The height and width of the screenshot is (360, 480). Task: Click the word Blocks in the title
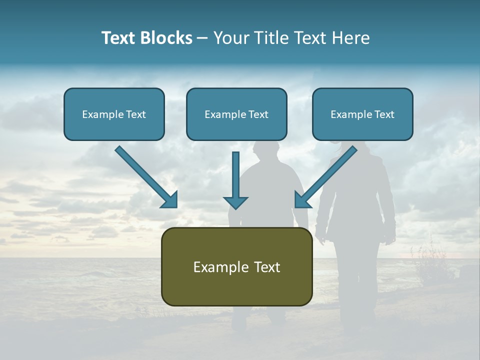[x=166, y=38]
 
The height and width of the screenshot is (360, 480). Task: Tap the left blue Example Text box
[x=114, y=114]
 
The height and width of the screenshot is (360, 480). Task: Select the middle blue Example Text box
[x=236, y=114]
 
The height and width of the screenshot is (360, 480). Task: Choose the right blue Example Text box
[x=362, y=114]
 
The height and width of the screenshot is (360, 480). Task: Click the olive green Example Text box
[x=236, y=266]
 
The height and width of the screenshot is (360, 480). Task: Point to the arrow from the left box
[x=145, y=175]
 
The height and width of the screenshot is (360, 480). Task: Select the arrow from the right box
[x=327, y=175]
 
